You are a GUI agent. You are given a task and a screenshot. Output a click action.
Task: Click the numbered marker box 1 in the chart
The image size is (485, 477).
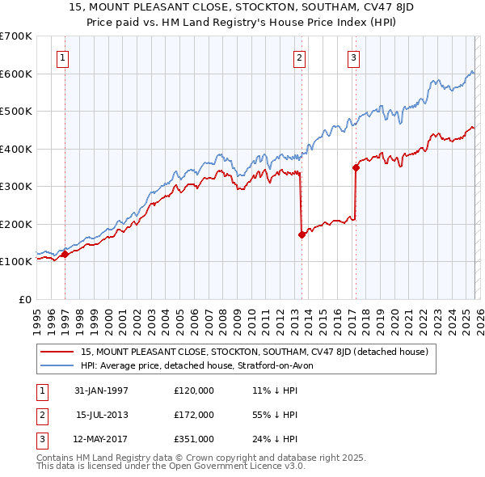click(x=63, y=57)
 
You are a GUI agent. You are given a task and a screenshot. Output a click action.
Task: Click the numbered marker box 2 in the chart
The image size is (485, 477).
click(x=299, y=57)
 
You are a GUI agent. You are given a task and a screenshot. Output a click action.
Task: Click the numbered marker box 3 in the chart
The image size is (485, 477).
click(x=353, y=57)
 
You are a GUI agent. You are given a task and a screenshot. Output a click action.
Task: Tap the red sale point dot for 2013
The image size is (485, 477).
click(x=302, y=235)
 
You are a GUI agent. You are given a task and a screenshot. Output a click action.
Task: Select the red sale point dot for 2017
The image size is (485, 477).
click(x=356, y=168)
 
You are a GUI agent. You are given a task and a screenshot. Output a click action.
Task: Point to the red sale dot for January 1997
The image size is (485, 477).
click(x=65, y=254)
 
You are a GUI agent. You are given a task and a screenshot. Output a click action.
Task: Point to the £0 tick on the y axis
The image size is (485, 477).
click(x=26, y=299)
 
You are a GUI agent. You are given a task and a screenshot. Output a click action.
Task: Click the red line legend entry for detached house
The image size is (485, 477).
click(x=259, y=352)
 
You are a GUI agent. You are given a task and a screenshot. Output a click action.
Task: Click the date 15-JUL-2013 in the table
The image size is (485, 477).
click(x=102, y=415)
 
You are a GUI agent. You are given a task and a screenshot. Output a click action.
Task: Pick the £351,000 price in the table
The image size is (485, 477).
click(x=194, y=439)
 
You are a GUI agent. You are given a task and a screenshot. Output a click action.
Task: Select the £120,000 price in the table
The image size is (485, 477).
click(x=194, y=390)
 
